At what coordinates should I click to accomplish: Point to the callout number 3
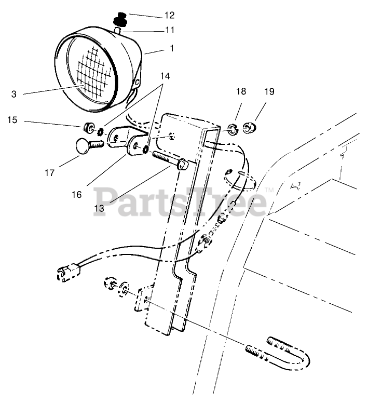14,94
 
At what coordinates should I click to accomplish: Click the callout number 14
165,76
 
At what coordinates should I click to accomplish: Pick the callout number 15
12,120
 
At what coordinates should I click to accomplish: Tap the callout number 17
49,173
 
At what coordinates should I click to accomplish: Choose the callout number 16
77,194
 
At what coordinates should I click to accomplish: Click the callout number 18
241,92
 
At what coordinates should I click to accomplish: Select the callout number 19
269,92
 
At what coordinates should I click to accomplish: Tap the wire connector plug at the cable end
66,271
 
